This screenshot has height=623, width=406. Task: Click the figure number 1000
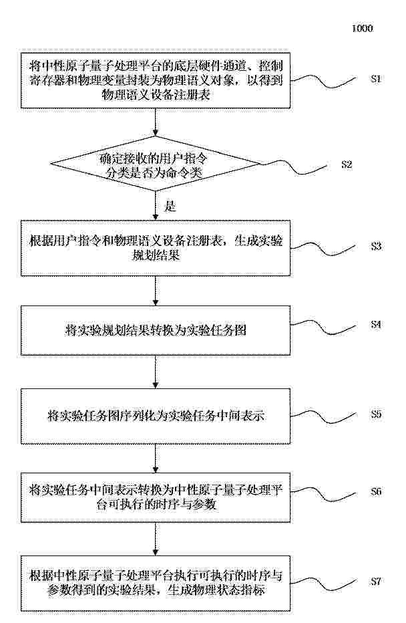[x=363, y=28]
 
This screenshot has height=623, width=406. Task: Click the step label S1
[x=376, y=79]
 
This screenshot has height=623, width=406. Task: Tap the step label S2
[x=347, y=164]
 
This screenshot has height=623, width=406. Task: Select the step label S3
[x=376, y=247]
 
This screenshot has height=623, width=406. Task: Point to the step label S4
[x=376, y=324]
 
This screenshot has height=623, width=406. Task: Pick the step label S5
[x=376, y=414]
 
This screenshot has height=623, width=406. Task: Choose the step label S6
[x=376, y=491]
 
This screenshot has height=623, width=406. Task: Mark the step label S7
[x=376, y=582]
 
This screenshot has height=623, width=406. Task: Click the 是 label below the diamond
[x=170, y=206]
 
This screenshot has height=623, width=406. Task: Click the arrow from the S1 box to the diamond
[x=156, y=122]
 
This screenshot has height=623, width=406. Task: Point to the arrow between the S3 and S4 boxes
[x=156, y=291]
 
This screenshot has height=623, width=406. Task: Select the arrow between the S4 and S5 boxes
[x=156, y=372]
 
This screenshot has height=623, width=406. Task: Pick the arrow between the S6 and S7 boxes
[x=156, y=539]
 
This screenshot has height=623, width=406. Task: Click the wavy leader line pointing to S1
[x=323, y=81]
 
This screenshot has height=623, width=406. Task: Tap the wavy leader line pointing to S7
[x=323, y=584]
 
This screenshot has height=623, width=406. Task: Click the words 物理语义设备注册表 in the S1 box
[x=156, y=94]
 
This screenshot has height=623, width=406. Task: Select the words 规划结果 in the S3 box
[x=156, y=255]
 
